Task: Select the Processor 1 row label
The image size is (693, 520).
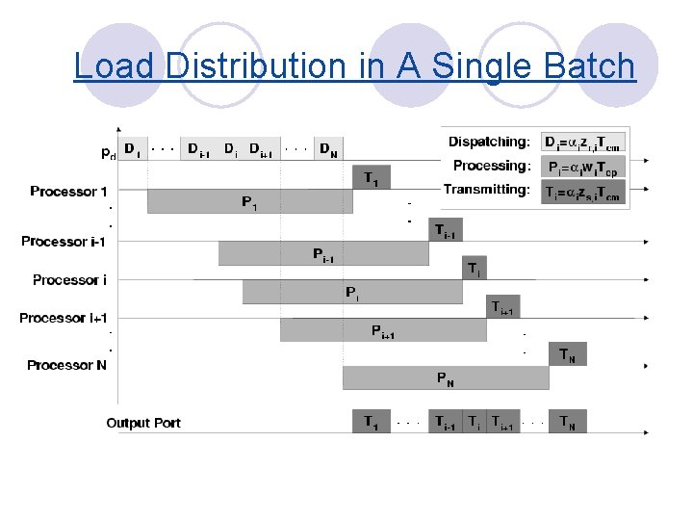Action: [68, 192]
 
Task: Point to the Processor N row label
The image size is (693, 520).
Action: [66, 365]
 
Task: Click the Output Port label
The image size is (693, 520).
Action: [143, 423]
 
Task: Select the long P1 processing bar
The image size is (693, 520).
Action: [249, 202]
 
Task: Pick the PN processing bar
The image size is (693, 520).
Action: [446, 378]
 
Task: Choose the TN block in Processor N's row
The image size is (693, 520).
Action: [568, 354]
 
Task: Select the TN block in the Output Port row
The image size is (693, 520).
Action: [569, 422]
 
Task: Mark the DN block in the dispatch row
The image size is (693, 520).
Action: [329, 149]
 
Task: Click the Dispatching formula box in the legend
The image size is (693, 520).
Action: [582, 143]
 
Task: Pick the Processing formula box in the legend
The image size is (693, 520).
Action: [582, 167]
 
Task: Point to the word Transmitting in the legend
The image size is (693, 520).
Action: [487, 190]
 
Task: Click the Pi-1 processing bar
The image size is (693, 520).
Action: [323, 254]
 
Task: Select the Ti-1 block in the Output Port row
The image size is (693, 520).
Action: [445, 422]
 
